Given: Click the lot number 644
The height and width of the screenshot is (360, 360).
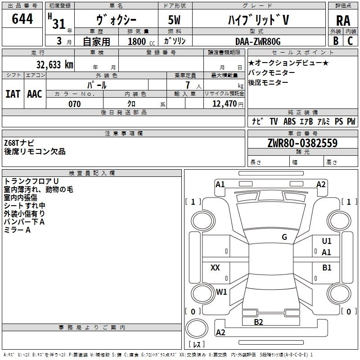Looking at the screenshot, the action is click(x=22, y=19).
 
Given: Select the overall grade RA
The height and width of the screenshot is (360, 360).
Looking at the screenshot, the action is click(x=343, y=21).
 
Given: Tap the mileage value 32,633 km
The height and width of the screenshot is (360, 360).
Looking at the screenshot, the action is click(x=54, y=64).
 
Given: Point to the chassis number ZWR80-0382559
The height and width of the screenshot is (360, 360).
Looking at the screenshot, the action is click(x=302, y=143).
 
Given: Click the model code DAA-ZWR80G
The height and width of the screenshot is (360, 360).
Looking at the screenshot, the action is click(x=258, y=41).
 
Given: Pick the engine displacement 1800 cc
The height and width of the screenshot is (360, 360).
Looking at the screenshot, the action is click(x=141, y=41).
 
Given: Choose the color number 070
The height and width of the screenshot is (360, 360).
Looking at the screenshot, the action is click(x=75, y=104).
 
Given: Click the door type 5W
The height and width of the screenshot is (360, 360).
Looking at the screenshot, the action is click(x=174, y=20).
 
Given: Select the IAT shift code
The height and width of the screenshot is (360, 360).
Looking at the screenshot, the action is click(x=13, y=94).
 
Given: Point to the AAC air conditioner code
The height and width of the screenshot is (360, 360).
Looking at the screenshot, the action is click(x=35, y=94).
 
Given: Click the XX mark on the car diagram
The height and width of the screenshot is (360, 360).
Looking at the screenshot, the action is click(x=215, y=267).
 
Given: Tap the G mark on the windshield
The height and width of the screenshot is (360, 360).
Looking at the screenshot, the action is click(x=284, y=237).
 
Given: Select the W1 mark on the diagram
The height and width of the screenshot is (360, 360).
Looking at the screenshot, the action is click(x=221, y=292).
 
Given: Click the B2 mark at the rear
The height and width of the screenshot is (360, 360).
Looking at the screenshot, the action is click(x=258, y=322).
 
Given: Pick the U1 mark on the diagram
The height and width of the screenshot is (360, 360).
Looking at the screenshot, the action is click(x=327, y=241).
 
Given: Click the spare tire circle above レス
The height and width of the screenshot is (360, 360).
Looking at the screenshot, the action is click(x=197, y=328).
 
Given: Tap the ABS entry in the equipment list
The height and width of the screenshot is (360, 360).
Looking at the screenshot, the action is click(x=289, y=121).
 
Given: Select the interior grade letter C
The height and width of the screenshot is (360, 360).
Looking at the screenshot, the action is click(x=350, y=41).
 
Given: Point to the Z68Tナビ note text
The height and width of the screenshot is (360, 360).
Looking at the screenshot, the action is click(x=19, y=143).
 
